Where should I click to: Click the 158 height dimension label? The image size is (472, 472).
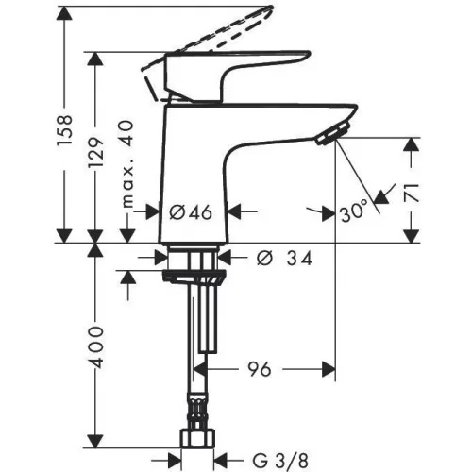[65, 130]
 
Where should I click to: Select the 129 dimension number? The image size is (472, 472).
[95, 153]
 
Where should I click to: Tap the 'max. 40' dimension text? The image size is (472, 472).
[127, 164]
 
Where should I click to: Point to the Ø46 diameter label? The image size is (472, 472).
[191, 212]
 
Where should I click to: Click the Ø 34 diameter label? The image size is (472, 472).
[285, 259]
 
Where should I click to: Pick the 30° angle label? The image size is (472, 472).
[354, 211]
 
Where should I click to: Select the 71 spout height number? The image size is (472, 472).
[412, 193]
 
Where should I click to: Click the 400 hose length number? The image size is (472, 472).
[95, 347]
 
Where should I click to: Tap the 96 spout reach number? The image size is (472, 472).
[260, 369]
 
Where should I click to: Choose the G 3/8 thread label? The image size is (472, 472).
[280, 462]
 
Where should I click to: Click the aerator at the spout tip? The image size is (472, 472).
[333, 133]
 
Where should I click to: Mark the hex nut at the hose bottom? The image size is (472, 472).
[197, 438]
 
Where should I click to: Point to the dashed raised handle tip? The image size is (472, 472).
[270, 8]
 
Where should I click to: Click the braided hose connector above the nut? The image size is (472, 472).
[197, 412]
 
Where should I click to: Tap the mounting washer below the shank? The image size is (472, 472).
[194, 277]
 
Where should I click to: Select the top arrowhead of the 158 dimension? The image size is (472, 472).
[64, 12]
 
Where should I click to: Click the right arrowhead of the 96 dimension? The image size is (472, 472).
[329, 369]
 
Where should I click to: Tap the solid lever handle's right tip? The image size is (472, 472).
[309, 54]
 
